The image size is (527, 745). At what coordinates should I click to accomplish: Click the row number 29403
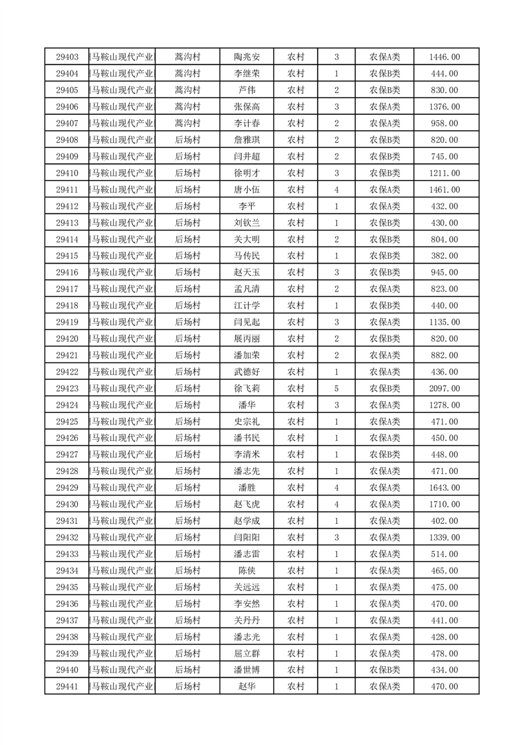67,57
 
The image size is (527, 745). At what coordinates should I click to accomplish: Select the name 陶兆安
247,57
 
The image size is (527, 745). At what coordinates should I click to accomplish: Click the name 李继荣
247,74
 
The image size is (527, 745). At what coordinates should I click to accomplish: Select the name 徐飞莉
247,388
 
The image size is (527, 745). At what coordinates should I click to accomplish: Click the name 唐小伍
247,190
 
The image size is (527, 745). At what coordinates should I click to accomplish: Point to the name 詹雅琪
247,140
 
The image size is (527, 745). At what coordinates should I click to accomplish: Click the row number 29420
67,339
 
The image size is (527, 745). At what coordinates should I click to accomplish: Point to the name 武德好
247,372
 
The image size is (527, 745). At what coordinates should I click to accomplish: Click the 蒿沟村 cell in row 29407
187,124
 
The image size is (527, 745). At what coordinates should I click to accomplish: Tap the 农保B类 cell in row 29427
384,455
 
